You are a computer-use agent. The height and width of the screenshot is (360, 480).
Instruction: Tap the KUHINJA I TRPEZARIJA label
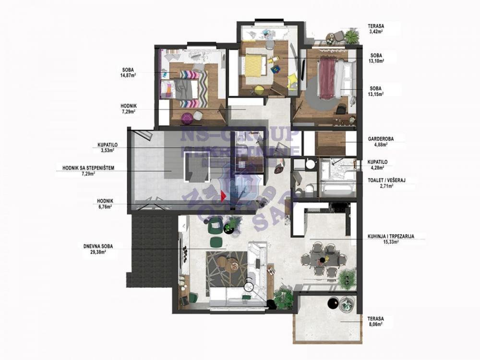point(391,236)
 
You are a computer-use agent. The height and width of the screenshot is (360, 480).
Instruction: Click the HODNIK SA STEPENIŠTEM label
point(88,168)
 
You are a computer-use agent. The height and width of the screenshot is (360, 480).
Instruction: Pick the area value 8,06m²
point(375,324)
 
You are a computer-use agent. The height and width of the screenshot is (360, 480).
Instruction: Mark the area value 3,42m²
point(377,32)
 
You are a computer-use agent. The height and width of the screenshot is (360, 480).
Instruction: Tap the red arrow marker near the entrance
point(223,195)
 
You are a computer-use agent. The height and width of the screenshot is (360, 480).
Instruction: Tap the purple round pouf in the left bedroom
point(186,117)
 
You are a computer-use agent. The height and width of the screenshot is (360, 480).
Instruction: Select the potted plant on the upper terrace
point(351,36)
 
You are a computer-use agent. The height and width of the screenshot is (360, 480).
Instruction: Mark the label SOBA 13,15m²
point(376,91)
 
